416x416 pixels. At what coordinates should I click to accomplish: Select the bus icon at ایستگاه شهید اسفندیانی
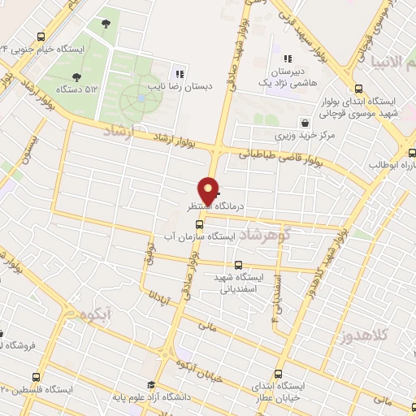(x=238, y=265)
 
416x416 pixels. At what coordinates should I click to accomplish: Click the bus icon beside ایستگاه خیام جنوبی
(x=41, y=36)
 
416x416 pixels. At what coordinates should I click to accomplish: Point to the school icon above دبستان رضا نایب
(x=180, y=73)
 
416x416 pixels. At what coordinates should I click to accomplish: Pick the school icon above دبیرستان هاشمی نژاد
(x=287, y=58)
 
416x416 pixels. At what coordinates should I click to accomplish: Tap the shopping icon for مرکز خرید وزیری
(x=305, y=123)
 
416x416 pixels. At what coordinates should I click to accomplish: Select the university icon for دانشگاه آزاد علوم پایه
(x=150, y=385)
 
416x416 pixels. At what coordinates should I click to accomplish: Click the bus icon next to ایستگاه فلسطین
(x=36, y=377)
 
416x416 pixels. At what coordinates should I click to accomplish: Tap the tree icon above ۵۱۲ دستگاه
(x=76, y=78)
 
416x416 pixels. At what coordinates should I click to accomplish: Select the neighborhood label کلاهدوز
(x=362, y=335)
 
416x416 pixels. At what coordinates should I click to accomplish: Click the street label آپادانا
(x=160, y=286)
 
